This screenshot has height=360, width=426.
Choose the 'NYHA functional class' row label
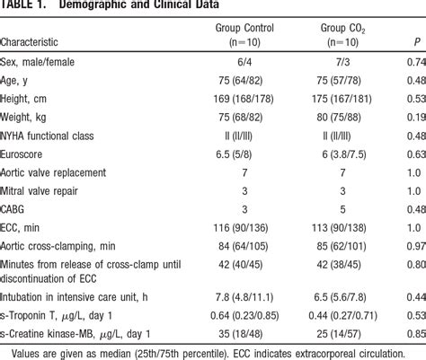click(x=58, y=135)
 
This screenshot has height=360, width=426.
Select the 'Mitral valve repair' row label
click(x=52, y=190)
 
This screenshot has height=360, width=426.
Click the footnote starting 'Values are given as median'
click(x=213, y=352)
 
